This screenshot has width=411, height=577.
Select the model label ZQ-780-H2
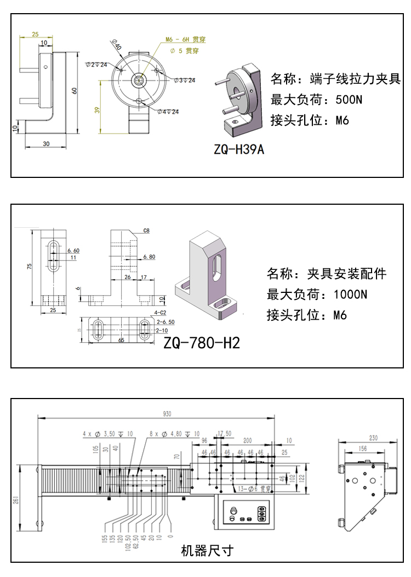tap(202, 343)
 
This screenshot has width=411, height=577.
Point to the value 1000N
tap(350, 294)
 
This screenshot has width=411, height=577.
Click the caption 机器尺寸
tap(207, 550)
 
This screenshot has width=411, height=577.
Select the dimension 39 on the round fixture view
tap(98, 109)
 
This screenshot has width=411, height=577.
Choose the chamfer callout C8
tap(146, 231)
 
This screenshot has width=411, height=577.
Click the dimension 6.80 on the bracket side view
tap(149, 256)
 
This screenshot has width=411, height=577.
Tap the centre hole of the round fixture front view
tap(138, 80)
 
